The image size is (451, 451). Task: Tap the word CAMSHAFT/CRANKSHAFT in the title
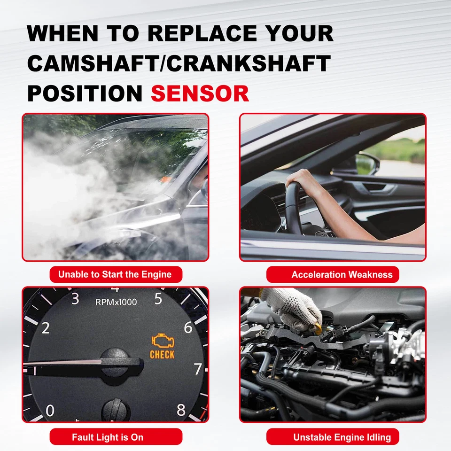(179, 63)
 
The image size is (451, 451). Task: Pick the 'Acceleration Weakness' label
(342, 275)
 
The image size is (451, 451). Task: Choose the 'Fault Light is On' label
(108, 437)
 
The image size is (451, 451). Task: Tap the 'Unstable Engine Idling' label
(342, 437)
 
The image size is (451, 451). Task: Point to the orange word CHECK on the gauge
(162, 355)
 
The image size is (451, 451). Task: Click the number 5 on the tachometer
(158, 299)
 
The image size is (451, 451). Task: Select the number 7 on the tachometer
(198, 369)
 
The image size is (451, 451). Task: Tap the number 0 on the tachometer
(50, 411)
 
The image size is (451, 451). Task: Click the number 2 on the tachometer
(46, 328)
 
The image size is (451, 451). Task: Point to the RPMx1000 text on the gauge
(116, 302)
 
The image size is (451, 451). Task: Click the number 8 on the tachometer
(181, 410)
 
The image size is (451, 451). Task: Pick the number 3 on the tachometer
(75, 299)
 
